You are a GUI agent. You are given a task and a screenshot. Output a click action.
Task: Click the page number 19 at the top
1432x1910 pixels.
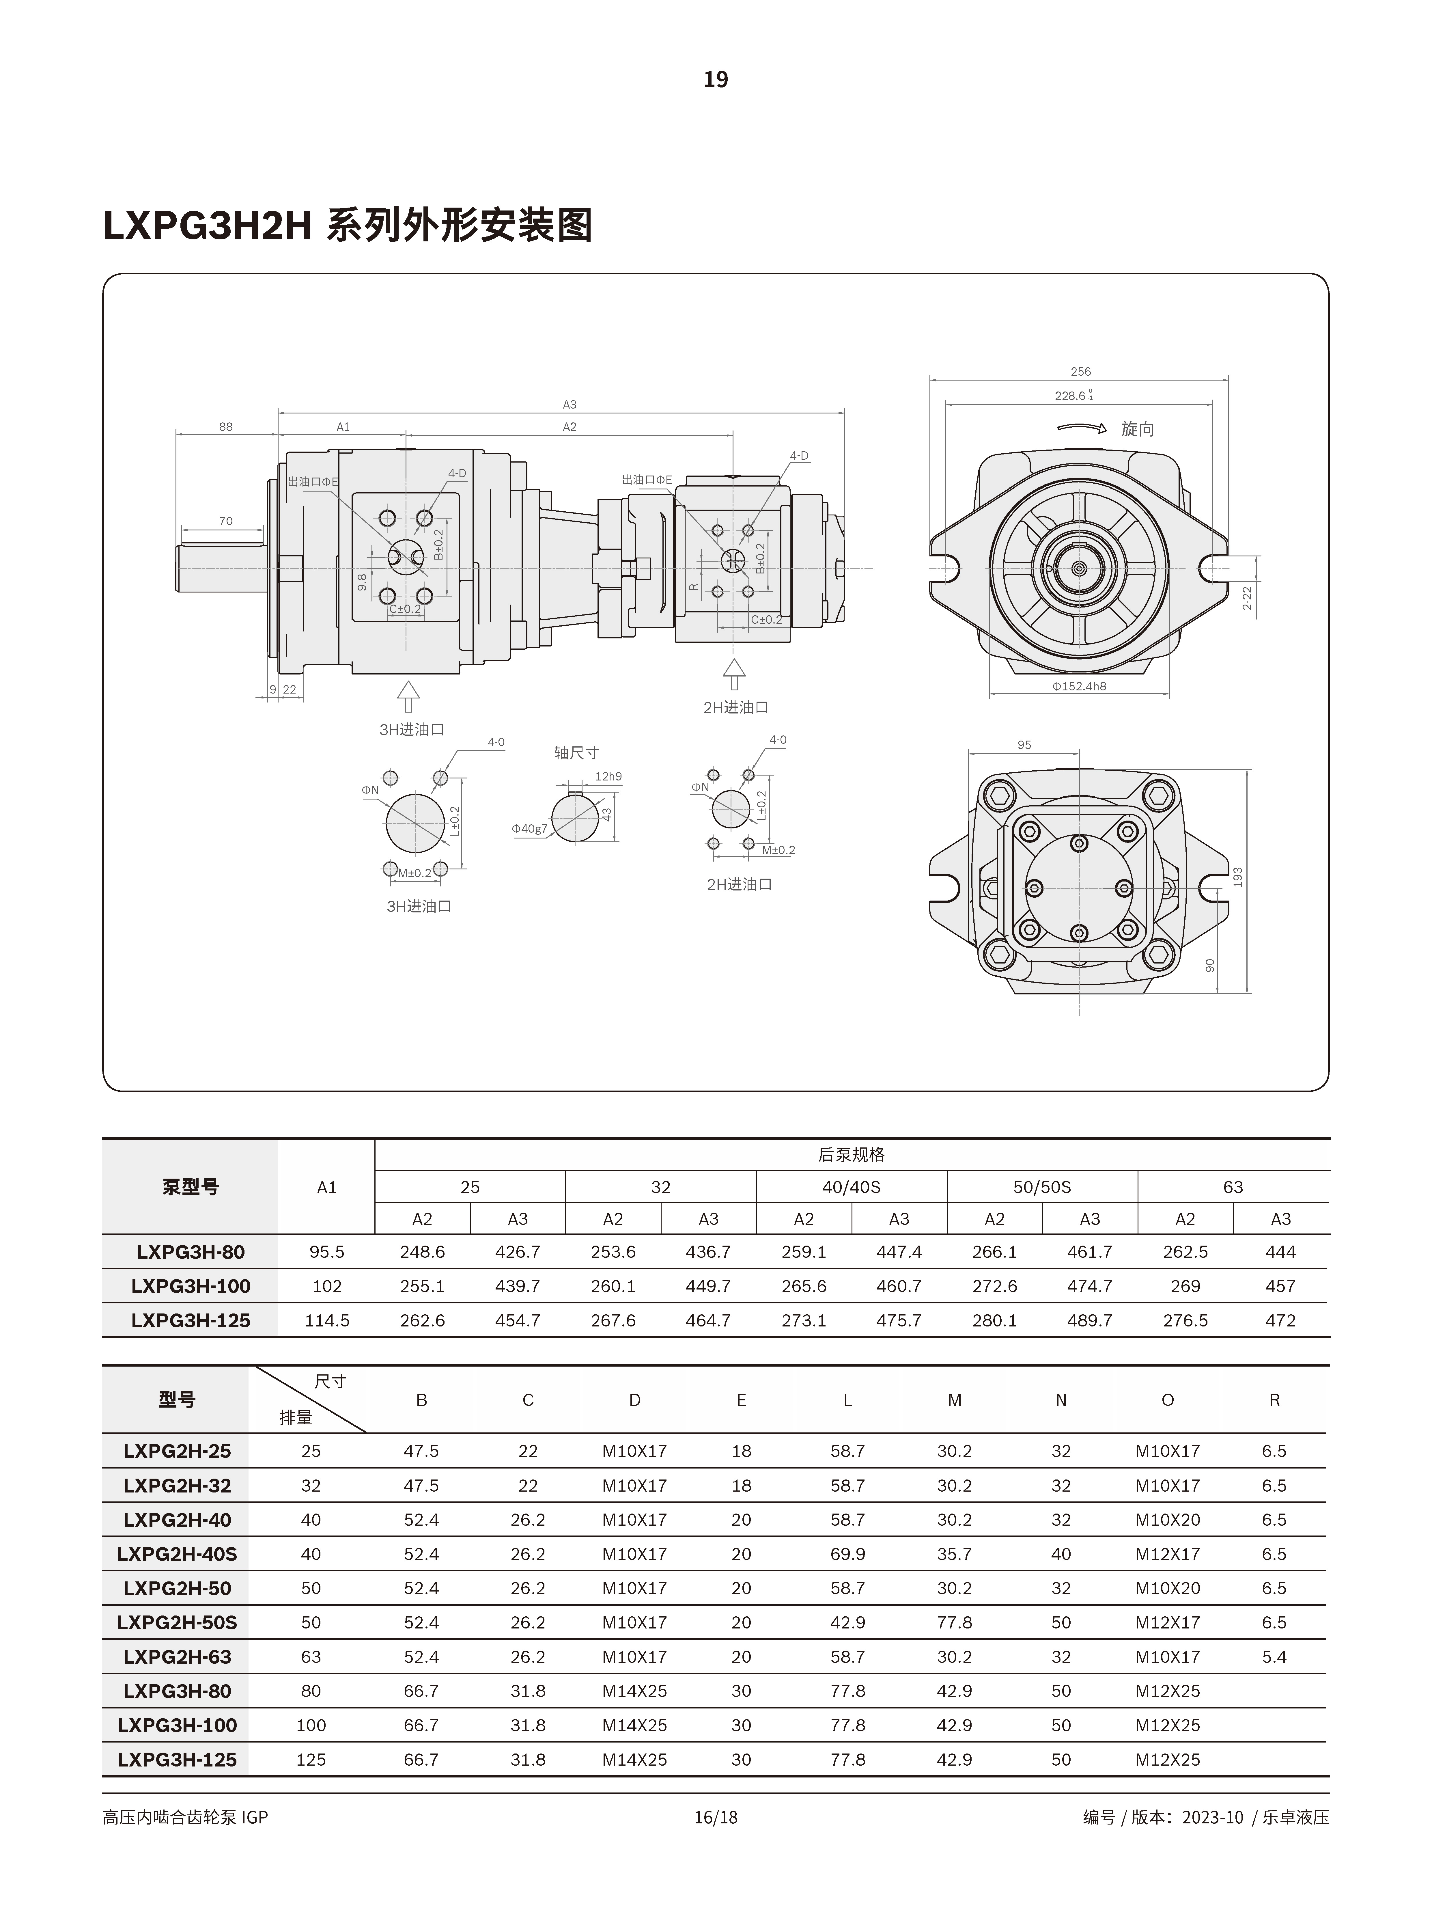716,79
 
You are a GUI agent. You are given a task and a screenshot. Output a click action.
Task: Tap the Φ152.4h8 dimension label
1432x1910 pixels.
1079,686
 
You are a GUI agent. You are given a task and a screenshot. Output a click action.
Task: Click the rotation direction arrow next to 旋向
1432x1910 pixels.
1082,427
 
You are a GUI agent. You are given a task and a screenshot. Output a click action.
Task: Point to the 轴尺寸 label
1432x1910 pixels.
576,753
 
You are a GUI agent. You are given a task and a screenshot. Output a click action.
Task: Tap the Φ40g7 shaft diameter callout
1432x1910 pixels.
529,829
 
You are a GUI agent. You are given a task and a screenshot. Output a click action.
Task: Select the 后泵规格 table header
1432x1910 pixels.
851,1154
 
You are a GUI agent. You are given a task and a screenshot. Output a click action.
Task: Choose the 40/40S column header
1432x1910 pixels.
851,1187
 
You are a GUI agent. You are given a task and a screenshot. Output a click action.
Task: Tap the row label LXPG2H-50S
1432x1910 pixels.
177,1622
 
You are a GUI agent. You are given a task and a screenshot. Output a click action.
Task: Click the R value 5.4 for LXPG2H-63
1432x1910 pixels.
1274,1657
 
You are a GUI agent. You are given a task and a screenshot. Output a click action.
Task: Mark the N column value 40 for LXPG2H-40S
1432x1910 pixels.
1061,1554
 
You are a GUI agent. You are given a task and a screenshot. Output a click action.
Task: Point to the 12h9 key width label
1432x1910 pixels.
608,776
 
